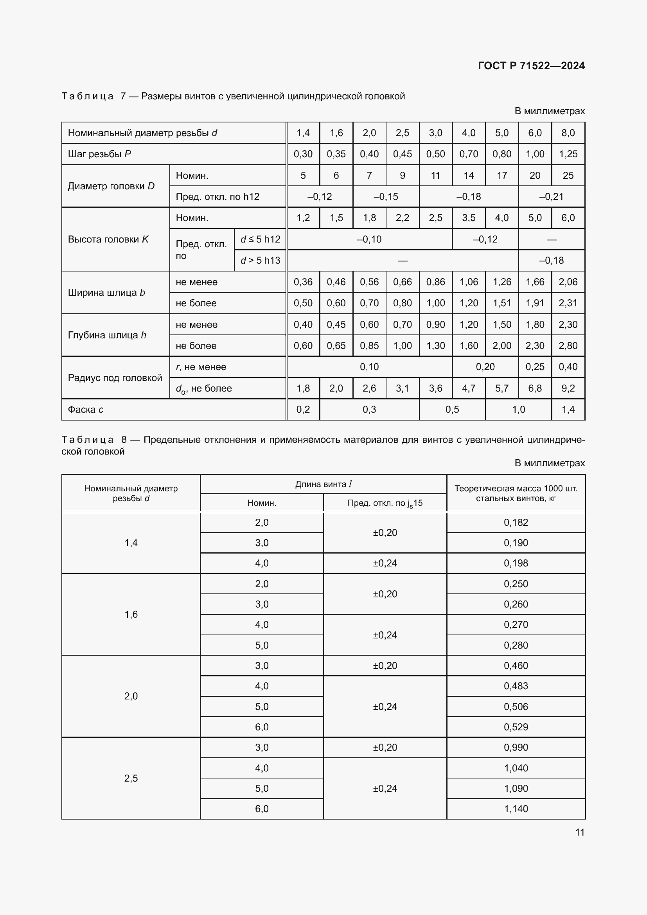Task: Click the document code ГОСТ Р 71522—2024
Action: pyautogui.click(x=531, y=66)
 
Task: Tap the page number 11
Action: pyautogui.click(x=580, y=832)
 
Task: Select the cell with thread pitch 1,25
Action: pyautogui.click(x=568, y=154)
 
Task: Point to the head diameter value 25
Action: pyautogui.click(x=568, y=175)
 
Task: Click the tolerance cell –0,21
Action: pyautogui.click(x=552, y=196)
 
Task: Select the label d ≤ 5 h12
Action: pyautogui.click(x=260, y=239)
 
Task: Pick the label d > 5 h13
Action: pyautogui.click(x=260, y=260)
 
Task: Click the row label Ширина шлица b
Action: pyautogui.click(x=106, y=293)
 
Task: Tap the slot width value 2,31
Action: pyautogui.click(x=568, y=303)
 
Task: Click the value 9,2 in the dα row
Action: pyautogui.click(x=568, y=388)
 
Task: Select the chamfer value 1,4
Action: pyautogui.click(x=568, y=409)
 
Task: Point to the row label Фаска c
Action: pyautogui.click(x=86, y=409)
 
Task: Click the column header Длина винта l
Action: pyautogui.click(x=323, y=484)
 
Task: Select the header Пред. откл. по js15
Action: pyautogui.click(x=385, y=503)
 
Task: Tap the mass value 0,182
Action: pyautogui.click(x=516, y=523)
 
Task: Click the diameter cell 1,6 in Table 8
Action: pyautogui.click(x=131, y=615)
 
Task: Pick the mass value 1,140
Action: pyautogui.click(x=516, y=809)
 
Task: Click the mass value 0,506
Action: pyautogui.click(x=516, y=706)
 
